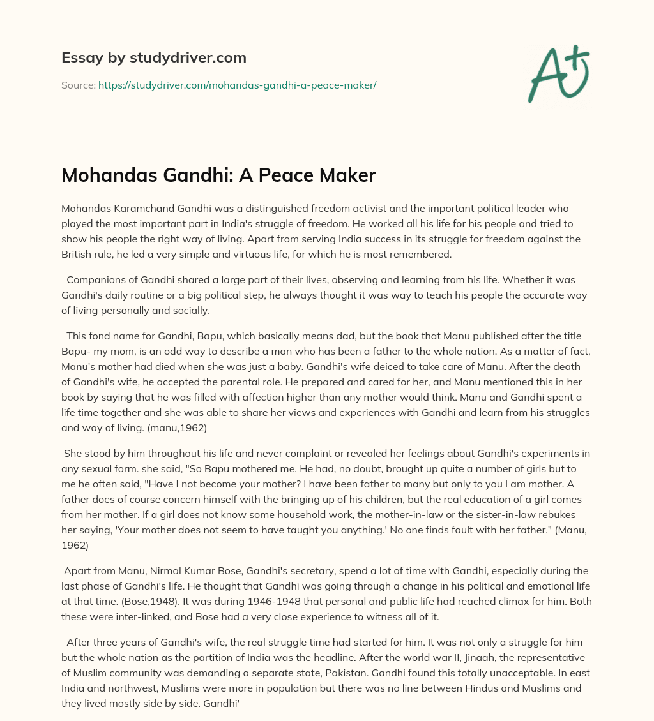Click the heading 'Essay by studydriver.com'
click(154, 57)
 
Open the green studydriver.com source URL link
click(237, 85)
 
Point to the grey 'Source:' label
click(78, 85)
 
